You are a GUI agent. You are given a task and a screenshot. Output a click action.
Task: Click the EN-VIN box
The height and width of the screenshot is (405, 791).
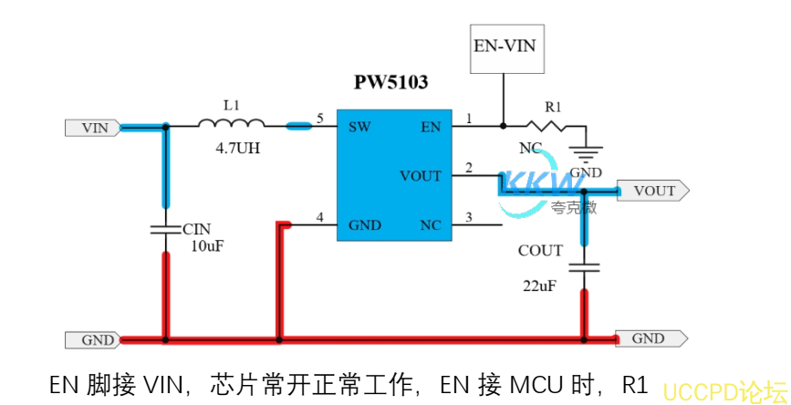coord(505,44)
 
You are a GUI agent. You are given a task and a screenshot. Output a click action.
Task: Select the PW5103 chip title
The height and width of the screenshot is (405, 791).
coord(391,82)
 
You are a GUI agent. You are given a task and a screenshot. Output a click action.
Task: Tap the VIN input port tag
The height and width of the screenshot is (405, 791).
coord(92,128)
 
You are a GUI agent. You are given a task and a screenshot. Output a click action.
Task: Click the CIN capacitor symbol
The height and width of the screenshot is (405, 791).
coord(165,228)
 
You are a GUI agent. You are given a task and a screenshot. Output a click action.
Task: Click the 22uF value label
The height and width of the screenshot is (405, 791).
coord(540,286)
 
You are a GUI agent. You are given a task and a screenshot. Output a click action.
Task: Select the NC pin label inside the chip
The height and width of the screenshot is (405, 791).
coord(430,224)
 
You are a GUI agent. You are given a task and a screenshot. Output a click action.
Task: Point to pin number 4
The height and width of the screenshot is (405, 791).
coord(319,217)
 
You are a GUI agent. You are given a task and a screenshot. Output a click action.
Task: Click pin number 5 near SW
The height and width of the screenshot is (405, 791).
coord(319,119)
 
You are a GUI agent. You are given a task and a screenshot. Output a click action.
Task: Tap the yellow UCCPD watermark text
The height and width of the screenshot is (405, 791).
coord(723,391)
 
